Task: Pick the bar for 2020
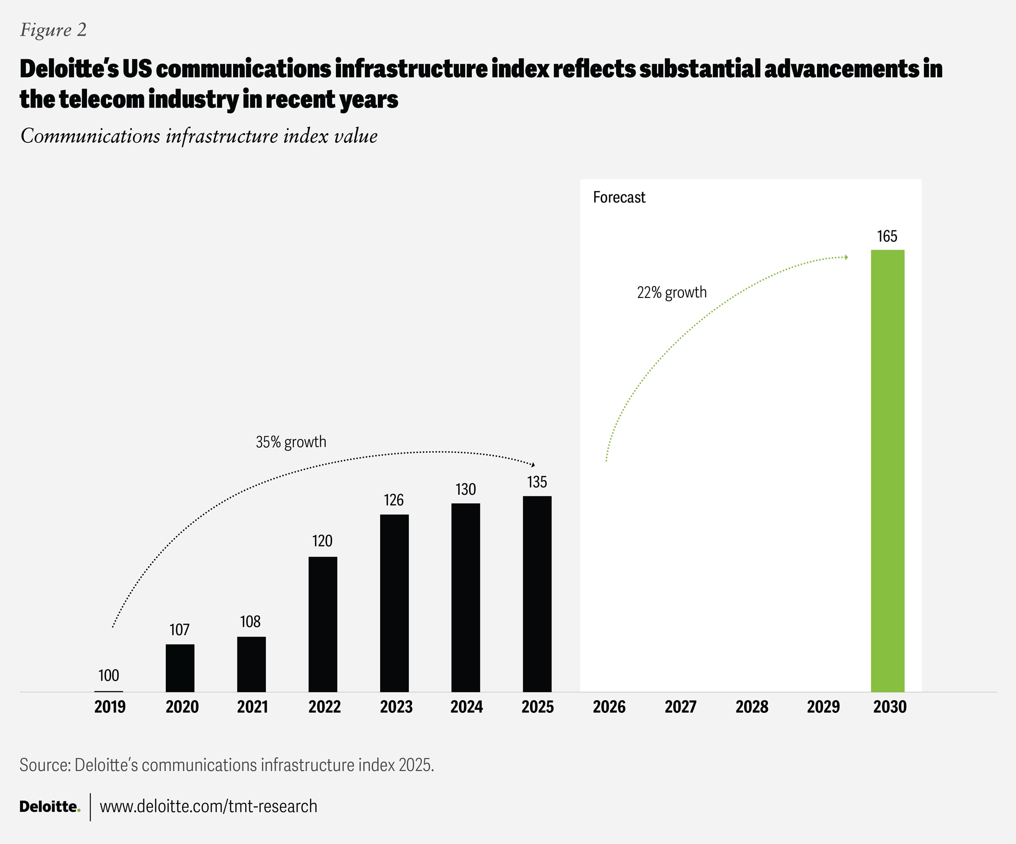(180, 668)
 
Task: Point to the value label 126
(394, 500)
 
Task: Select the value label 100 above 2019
(109, 676)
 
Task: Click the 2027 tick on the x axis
(680, 707)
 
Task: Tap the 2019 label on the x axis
(110, 707)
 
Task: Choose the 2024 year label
(466, 707)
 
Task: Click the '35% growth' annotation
(291, 442)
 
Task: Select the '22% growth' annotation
(672, 292)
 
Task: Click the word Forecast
(619, 197)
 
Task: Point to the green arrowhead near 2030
(846, 257)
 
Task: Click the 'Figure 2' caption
(53, 30)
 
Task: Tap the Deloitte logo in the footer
(50, 807)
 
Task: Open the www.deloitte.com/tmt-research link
(208, 807)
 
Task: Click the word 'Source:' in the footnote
(45, 765)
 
